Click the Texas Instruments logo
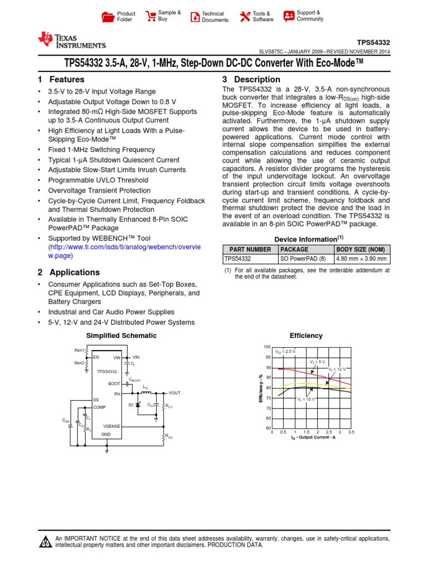coord(71,40)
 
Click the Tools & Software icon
coord(245,17)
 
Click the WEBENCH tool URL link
coord(122,252)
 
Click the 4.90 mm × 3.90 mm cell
coord(362,259)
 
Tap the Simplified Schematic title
coord(121,336)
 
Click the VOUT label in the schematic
coord(174,393)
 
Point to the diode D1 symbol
coord(138,405)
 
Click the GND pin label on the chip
coord(106,434)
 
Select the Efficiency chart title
coord(306,336)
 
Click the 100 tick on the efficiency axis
coord(267,347)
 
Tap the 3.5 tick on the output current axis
coord(351,432)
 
